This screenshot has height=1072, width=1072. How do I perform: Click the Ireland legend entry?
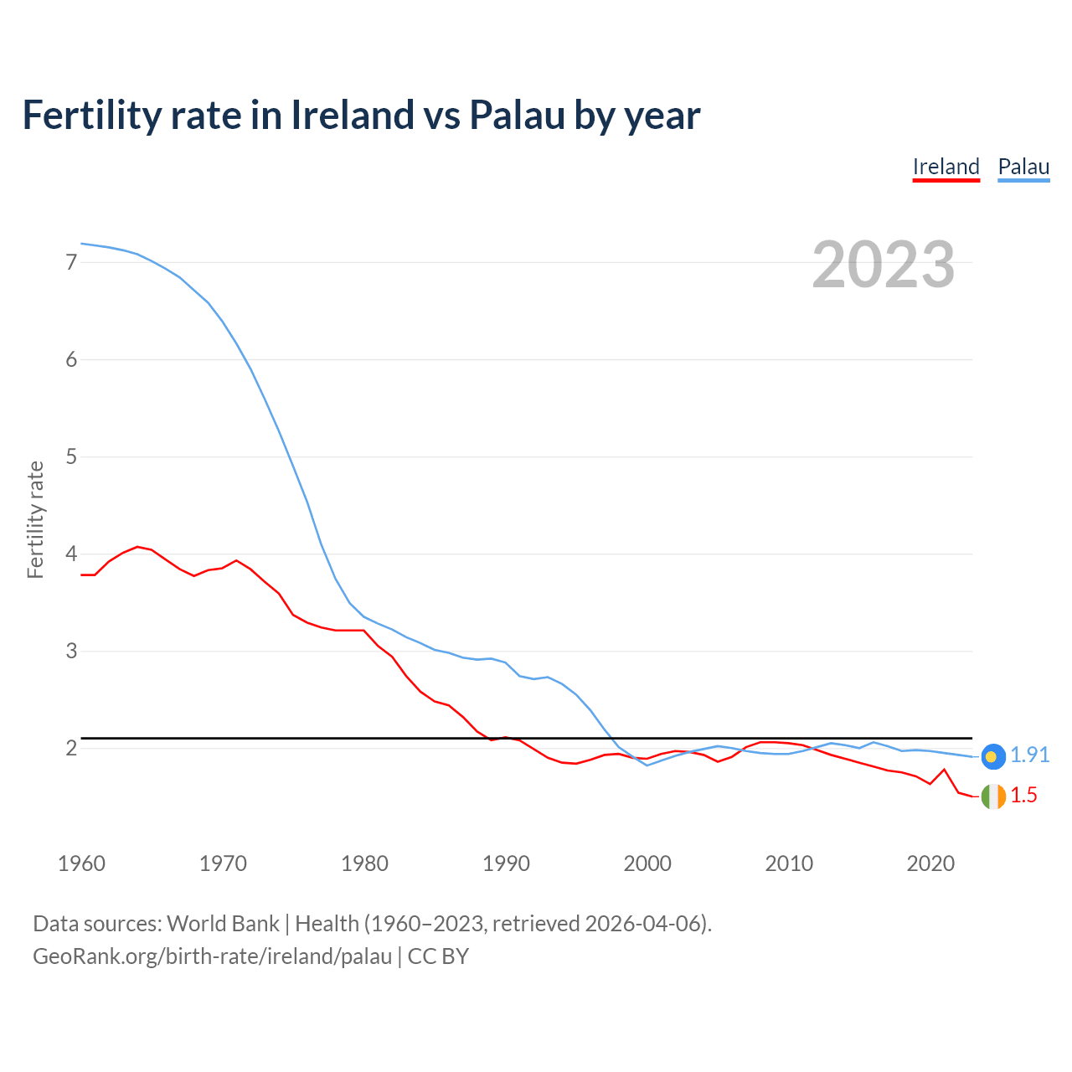point(946,167)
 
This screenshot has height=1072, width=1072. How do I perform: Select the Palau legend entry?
point(1023,167)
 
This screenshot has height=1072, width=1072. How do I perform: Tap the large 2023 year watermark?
point(883,265)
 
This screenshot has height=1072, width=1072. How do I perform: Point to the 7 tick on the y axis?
point(71,262)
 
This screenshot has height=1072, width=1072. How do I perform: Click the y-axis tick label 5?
point(71,456)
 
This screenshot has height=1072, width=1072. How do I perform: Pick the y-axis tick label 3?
point(71,651)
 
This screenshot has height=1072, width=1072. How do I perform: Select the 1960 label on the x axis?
point(81,863)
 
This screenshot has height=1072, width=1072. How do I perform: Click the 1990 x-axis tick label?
point(506,863)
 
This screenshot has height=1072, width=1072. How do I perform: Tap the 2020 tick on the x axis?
point(930,863)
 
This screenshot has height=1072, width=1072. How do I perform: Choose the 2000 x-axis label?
point(647,863)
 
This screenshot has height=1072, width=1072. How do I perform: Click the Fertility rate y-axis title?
point(35,519)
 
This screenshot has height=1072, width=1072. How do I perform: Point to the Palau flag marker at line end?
point(993,756)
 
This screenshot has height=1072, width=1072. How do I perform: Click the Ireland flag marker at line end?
point(993,796)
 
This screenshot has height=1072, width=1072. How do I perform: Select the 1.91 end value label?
point(1029,755)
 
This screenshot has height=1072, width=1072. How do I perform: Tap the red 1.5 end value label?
point(1023,796)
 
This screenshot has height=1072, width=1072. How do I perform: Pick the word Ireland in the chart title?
point(353,116)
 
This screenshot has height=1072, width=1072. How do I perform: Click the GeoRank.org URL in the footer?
point(212,956)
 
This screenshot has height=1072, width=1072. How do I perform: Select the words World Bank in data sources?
point(223,924)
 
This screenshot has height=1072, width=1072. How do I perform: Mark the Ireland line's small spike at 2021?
point(944,769)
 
